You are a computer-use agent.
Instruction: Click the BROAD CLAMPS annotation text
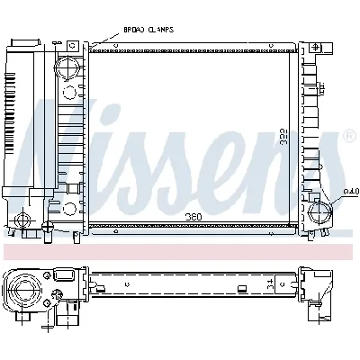[x=148, y=30]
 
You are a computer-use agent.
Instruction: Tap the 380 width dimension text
[x=193, y=216]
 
